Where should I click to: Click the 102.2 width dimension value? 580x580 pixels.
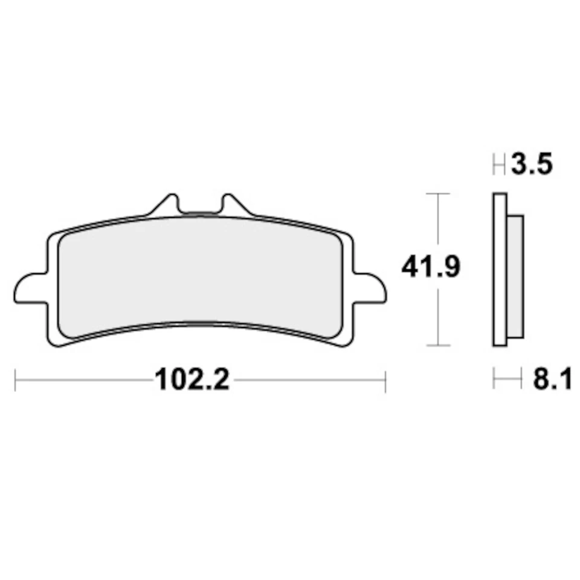[192, 381]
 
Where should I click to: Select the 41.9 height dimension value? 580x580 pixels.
[431, 267]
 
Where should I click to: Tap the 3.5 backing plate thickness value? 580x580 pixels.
[532, 164]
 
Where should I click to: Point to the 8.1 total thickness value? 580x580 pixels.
[551, 381]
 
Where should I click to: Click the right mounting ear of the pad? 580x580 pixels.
[370, 288]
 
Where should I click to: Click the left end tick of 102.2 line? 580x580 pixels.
[15, 381]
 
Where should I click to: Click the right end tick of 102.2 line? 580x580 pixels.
[385, 381]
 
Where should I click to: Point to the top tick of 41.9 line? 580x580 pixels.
[437, 194]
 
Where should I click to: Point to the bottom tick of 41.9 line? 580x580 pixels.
[437, 346]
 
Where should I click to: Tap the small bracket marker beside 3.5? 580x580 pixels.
[499, 164]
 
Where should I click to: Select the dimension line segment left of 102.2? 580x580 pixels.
[85, 381]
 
